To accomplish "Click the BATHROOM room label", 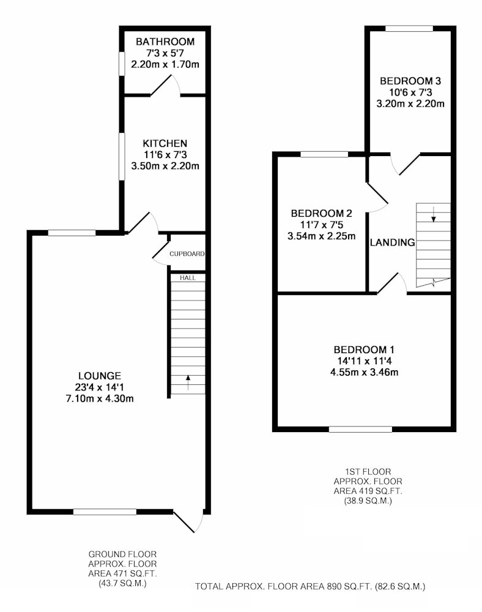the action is pos(165,42).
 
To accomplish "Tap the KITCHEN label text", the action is pos(165,143).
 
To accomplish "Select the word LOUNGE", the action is pos(100,376).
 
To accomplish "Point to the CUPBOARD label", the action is pos(187,254).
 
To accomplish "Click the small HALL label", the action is pos(188,278).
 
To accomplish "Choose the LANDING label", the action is pos(392,242).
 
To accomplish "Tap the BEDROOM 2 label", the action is pos(321,214).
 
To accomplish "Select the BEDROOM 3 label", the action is pos(410,81).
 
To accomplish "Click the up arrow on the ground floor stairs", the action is pos(188,382).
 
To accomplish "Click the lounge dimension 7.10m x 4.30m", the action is pos(100,398).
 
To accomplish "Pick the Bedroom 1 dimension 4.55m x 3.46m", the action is pos(364,372).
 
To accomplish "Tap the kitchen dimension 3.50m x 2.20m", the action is pos(165,166).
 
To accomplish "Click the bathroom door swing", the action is pos(166,85).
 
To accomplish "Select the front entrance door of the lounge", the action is pos(188,521).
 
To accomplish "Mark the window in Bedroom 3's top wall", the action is pos(409,28).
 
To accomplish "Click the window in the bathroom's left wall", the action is pos(122,63).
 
